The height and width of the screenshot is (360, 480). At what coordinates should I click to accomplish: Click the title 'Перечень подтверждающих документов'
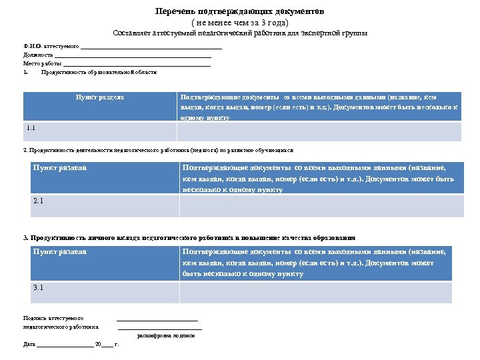[239, 11]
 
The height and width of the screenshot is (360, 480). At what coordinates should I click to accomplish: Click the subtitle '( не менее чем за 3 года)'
[239, 22]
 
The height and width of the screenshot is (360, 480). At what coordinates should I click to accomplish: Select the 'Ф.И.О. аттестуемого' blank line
[151, 47]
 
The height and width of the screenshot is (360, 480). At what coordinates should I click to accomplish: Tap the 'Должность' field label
[38, 55]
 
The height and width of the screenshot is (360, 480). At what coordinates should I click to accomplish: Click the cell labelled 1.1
[100, 131]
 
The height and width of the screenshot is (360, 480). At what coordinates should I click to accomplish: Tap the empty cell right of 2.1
[321, 205]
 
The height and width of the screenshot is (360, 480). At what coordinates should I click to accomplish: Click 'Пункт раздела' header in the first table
[99, 97]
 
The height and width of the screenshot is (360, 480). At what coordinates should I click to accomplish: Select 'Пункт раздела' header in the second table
[60, 167]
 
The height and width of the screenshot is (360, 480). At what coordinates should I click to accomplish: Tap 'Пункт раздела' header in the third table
[60, 251]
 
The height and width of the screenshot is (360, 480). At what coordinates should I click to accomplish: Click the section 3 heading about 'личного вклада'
[189, 237]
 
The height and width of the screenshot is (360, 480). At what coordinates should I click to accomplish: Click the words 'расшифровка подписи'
[166, 335]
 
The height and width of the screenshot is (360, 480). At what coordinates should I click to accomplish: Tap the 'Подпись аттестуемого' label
[53, 319]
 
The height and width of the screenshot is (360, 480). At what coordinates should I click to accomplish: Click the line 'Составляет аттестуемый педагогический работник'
[240, 33]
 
